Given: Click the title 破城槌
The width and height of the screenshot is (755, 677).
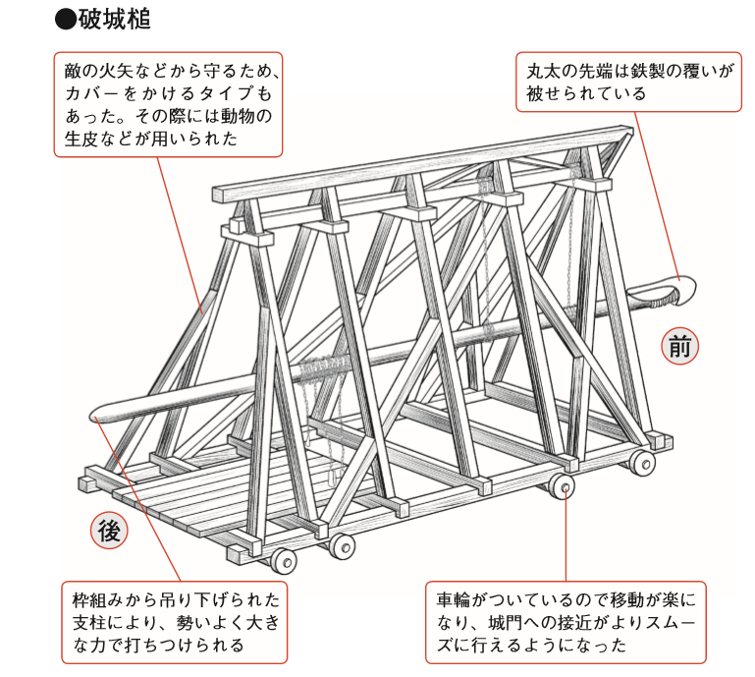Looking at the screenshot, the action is pyautogui.click(x=115, y=20).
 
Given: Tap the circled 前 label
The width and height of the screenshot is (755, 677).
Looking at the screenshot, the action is pyautogui.click(x=679, y=346).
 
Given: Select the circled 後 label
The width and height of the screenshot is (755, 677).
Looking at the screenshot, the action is pyautogui.click(x=109, y=531).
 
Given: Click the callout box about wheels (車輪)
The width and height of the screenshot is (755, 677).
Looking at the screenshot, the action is pyautogui.click(x=566, y=622).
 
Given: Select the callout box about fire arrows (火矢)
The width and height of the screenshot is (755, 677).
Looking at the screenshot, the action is pyautogui.click(x=168, y=104).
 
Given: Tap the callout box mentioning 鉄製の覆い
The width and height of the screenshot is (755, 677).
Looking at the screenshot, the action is pyautogui.click(x=629, y=82).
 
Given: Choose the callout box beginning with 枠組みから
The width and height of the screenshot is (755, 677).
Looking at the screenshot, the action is pyautogui.click(x=175, y=622).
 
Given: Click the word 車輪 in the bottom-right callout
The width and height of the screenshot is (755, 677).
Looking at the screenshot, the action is pyautogui.click(x=453, y=600).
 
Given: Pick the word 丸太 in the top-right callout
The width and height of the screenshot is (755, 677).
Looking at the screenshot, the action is pyautogui.click(x=543, y=72).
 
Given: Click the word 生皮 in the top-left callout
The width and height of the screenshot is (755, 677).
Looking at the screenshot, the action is pyautogui.click(x=81, y=139).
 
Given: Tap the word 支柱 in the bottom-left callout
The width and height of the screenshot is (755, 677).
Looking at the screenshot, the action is pyautogui.click(x=89, y=622).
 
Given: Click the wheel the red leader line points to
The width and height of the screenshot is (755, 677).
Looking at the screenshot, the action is pyautogui.click(x=562, y=486).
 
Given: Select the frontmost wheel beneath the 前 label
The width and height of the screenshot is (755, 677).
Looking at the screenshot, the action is pyautogui.click(x=643, y=463).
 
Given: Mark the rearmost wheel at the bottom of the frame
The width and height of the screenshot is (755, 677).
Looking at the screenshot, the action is pyautogui.click(x=283, y=561).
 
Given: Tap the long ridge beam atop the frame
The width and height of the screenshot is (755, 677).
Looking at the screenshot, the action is pyautogui.click(x=424, y=164).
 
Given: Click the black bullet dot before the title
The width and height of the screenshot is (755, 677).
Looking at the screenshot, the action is pyautogui.click(x=66, y=21).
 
